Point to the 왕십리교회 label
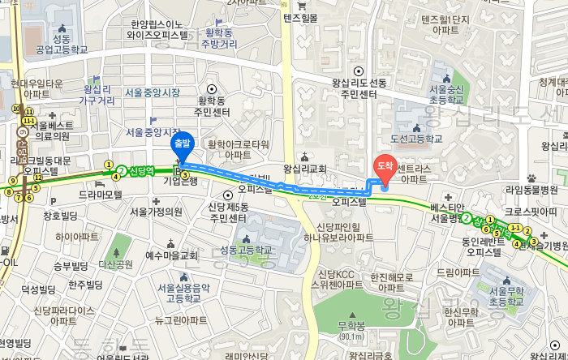[304, 169]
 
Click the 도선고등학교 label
[416, 139]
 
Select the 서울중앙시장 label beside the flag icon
[153, 92]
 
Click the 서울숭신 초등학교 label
[446, 94]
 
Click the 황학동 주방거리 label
[218, 37]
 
